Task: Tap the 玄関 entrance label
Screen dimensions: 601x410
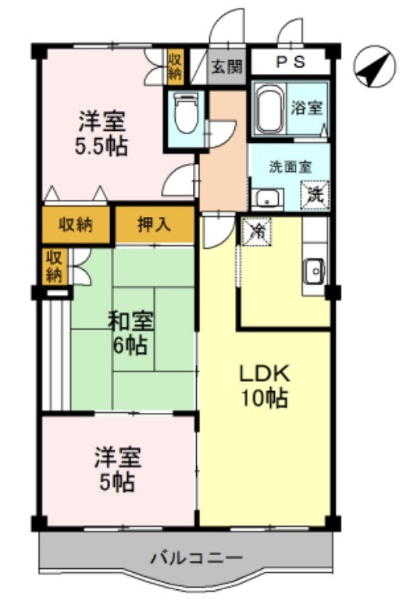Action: (226, 66)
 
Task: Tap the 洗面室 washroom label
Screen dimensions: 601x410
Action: (290, 166)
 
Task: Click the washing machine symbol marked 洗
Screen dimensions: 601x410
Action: (316, 193)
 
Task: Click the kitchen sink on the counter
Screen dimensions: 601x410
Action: (315, 270)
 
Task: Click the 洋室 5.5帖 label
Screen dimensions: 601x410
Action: (102, 133)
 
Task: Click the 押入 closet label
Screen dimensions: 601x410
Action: (155, 225)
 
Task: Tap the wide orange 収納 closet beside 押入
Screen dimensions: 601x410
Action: (77, 225)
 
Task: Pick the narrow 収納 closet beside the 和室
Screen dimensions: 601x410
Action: (53, 266)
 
